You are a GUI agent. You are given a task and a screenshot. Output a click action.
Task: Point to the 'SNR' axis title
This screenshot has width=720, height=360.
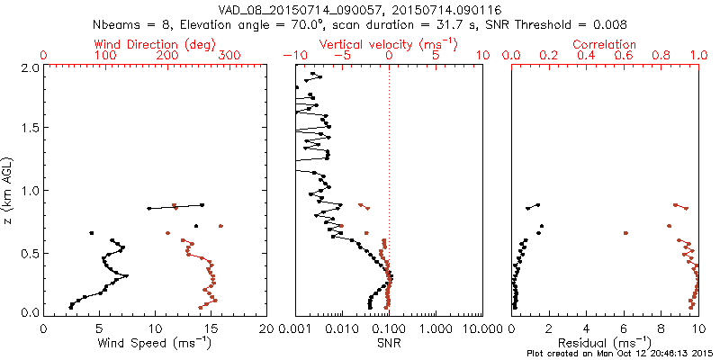point(389,343)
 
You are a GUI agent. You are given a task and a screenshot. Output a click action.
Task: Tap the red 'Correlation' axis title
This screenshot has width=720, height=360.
point(605,44)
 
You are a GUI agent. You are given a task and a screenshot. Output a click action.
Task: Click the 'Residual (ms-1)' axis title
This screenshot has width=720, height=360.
point(605,343)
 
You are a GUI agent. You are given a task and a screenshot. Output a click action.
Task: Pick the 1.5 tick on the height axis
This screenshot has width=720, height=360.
point(29,129)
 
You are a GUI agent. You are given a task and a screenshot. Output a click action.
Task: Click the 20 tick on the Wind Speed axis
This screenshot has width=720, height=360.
point(265,328)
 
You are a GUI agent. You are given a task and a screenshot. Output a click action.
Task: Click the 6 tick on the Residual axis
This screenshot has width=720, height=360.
point(624,328)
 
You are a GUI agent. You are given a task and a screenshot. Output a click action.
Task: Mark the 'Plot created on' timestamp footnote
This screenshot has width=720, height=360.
point(620,354)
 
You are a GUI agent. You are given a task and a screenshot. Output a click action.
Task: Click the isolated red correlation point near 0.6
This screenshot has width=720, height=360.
point(625,233)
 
